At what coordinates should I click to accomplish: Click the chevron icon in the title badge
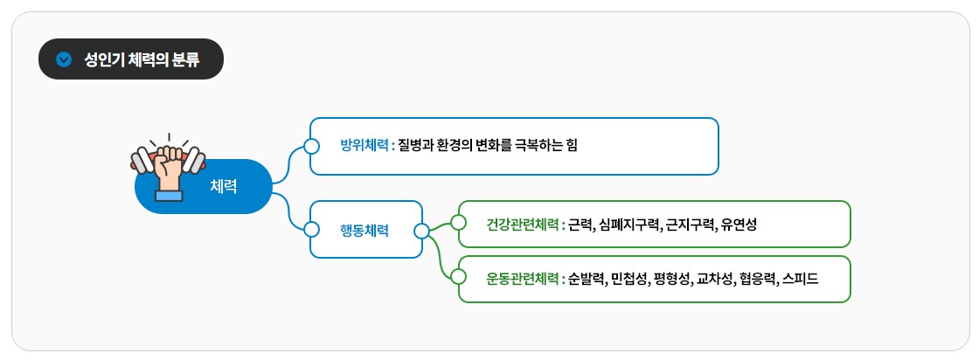pos(63,59)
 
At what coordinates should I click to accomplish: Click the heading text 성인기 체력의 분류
pos(142,59)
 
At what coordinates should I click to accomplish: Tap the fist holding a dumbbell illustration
pos(167,169)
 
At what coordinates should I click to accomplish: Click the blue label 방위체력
pos(365,145)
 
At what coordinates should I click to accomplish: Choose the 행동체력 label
pos(365,231)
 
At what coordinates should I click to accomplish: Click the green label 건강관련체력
pos(523,225)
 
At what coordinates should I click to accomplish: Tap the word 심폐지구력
pos(628,225)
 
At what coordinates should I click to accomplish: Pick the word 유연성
pos(739,225)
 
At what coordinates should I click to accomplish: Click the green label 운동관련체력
pos(523,279)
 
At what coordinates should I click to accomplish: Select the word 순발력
pos(587,279)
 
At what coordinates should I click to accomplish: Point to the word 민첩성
pos(629,279)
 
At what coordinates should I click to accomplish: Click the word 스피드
pos(800,279)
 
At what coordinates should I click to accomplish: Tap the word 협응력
pos(755,279)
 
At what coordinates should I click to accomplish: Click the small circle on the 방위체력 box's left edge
pos(310,145)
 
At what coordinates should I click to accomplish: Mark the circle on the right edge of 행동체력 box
pos(422,231)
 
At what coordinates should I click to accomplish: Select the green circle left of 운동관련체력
pos(458,277)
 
